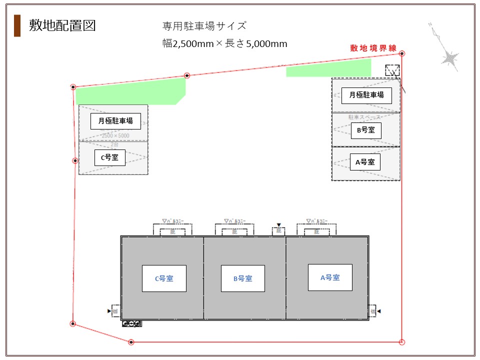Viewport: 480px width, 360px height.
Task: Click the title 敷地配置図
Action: click(62, 25)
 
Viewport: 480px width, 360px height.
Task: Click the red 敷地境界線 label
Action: click(373, 48)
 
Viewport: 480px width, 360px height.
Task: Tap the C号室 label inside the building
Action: click(164, 278)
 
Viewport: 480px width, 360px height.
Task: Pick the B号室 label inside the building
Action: click(242, 278)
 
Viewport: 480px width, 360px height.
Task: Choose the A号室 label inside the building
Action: click(330, 277)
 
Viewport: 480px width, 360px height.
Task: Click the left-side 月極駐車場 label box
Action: click(115, 121)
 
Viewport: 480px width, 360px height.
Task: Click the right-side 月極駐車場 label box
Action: click(366, 95)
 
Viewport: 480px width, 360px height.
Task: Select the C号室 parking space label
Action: click(109, 158)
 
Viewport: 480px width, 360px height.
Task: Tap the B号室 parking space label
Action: click(365, 130)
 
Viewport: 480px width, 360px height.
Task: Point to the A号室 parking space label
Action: click(365, 162)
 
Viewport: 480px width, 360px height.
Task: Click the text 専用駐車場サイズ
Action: click(204, 26)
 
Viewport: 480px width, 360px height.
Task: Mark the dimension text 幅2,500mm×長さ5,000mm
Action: click(225, 43)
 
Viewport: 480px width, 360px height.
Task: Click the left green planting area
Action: click(130, 92)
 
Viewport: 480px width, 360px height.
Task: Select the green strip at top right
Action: click(328, 68)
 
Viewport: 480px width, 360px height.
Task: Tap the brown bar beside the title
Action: click(17, 26)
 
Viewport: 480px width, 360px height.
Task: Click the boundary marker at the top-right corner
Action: click(402, 53)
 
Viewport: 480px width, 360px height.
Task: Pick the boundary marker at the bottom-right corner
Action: click(402, 342)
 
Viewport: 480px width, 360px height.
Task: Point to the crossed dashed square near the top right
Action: click(392, 70)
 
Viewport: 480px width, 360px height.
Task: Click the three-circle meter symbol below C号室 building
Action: click(132, 323)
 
